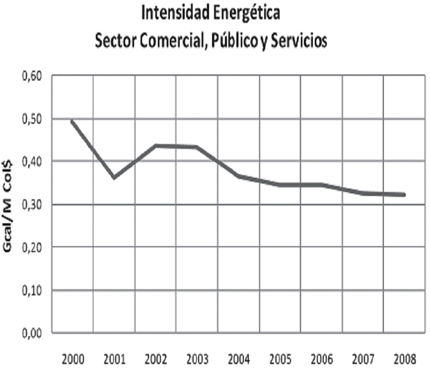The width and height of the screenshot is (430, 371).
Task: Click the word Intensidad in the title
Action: click(x=175, y=12)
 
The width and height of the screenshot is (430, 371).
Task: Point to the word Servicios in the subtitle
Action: click(x=299, y=41)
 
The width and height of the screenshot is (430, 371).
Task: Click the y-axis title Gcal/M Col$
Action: click(x=7, y=206)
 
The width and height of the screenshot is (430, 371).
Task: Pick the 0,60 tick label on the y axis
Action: click(x=32, y=77)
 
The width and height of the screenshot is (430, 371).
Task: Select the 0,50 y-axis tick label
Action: click(x=32, y=119)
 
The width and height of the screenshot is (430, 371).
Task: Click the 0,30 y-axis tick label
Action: click(x=32, y=205)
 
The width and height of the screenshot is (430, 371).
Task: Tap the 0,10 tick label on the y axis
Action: click(x=32, y=290)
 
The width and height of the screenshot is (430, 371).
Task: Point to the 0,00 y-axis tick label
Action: click(x=32, y=333)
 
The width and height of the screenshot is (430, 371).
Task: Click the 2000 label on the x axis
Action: click(x=73, y=359)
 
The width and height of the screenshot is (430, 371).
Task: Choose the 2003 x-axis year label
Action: click(x=198, y=359)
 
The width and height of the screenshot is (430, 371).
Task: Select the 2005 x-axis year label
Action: click(x=280, y=359)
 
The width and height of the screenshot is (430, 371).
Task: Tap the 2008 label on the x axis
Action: click(x=405, y=359)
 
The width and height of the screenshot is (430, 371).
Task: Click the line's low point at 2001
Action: click(x=114, y=178)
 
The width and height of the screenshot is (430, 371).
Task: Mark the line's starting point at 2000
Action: click(x=72, y=121)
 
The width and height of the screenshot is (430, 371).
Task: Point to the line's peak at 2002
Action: click(x=156, y=146)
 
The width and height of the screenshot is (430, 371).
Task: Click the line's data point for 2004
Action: click(x=238, y=176)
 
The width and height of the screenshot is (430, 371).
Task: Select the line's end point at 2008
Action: click(x=404, y=194)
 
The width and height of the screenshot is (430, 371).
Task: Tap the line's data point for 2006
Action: click(x=321, y=185)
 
